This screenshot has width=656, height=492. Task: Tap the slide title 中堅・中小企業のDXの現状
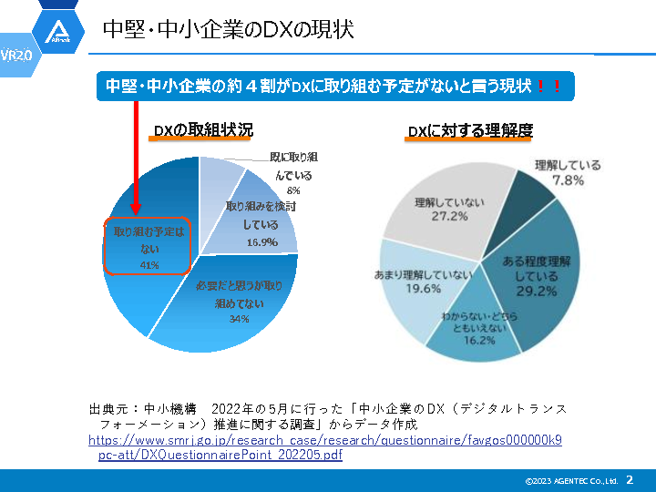click(x=227, y=30)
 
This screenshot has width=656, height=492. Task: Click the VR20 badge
click(x=16, y=55)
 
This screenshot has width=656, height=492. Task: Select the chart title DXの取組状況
click(x=202, y=130)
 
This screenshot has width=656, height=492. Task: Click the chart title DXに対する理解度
click(x=469, y=130)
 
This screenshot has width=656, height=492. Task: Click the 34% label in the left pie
click(x=239, y=319)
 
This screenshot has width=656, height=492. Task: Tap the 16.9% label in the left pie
click(x=261, y=242)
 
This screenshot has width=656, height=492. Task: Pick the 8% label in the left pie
click(x=293, y=191)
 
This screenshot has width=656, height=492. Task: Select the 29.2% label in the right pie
click(x=536, y=292)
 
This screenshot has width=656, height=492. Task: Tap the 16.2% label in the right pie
click(x=478, y=340)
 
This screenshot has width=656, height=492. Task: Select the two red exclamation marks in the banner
click(x=548, y=87)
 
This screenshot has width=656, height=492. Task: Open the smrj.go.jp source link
click(x=325, y=446)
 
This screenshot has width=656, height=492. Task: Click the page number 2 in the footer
click(x=629, y=479)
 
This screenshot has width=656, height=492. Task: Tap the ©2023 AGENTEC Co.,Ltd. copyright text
click(x=571, y=480)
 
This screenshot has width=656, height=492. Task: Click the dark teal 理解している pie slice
click(x=529, y=197)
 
